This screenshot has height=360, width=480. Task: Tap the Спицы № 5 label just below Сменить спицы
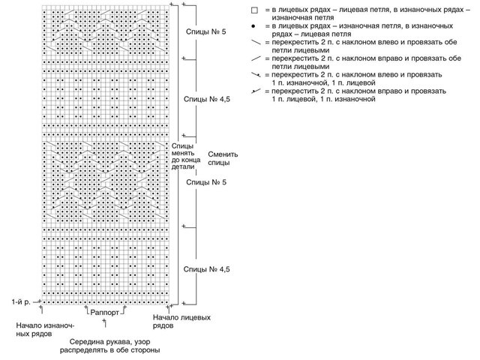(x=205, y=182)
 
